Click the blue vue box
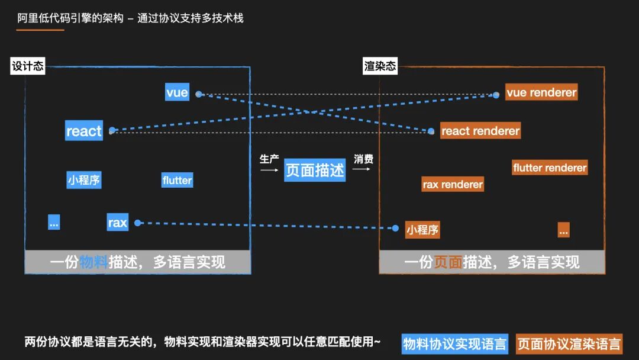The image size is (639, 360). click(x=177, y=92)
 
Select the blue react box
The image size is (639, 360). click(x=84, y=131)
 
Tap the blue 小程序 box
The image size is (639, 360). click(x=83, y=180)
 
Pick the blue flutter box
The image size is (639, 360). click(x=177, y=180)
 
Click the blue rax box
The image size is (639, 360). click(x=117, y=222)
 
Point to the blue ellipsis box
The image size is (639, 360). click(x=54, y=222)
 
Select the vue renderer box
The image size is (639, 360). click(x=541, y=92)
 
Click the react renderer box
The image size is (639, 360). click(x=480, y=131)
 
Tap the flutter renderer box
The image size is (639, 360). click(x=550, y=168)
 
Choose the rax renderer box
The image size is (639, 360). click(x=453, y=184)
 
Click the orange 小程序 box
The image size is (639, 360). click(x=422, y=230)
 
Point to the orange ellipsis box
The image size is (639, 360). click(x=563, y=230)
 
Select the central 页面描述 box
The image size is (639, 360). click(x=315, y=170)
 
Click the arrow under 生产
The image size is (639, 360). click(x=269, y=170)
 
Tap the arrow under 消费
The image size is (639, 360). click(x=362, y=169)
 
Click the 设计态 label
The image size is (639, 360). click(x=28, y=66)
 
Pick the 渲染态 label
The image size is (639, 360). click(x=380, y=66)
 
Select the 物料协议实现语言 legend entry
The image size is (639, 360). click(x=454, y=343)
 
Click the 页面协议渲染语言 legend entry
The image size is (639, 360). click(x=569, y=343)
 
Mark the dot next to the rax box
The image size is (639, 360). click(x=138, y=223)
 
